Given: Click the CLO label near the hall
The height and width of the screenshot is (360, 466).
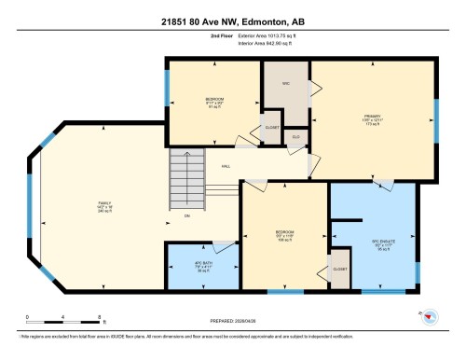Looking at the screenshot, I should pyautogui.click(x=295, y=138).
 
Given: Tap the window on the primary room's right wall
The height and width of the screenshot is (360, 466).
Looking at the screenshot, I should pyautogui.click(x=436, y=119).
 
